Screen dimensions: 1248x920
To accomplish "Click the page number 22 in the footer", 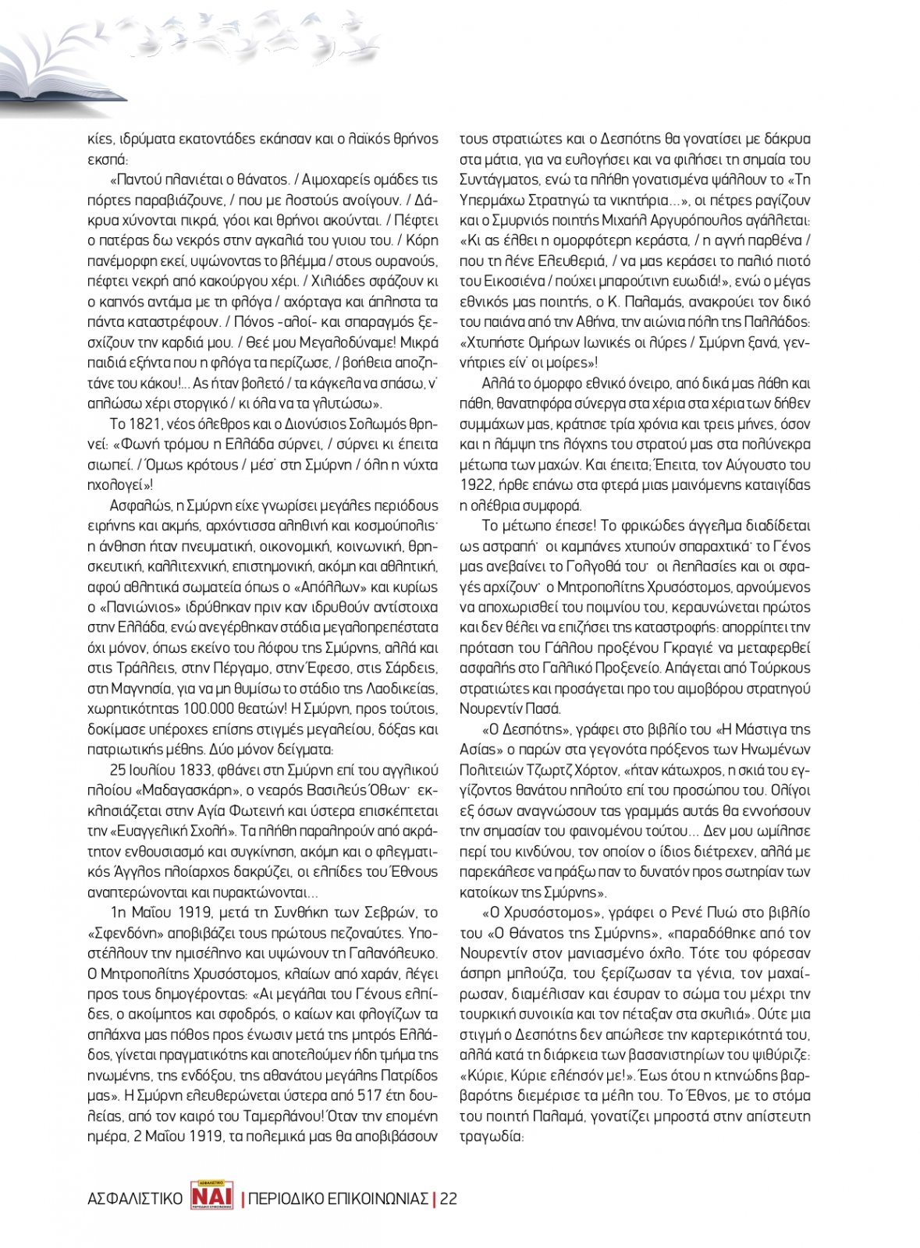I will (448, 1198).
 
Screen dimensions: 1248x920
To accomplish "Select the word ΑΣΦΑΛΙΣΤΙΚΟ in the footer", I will (135, 1199).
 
